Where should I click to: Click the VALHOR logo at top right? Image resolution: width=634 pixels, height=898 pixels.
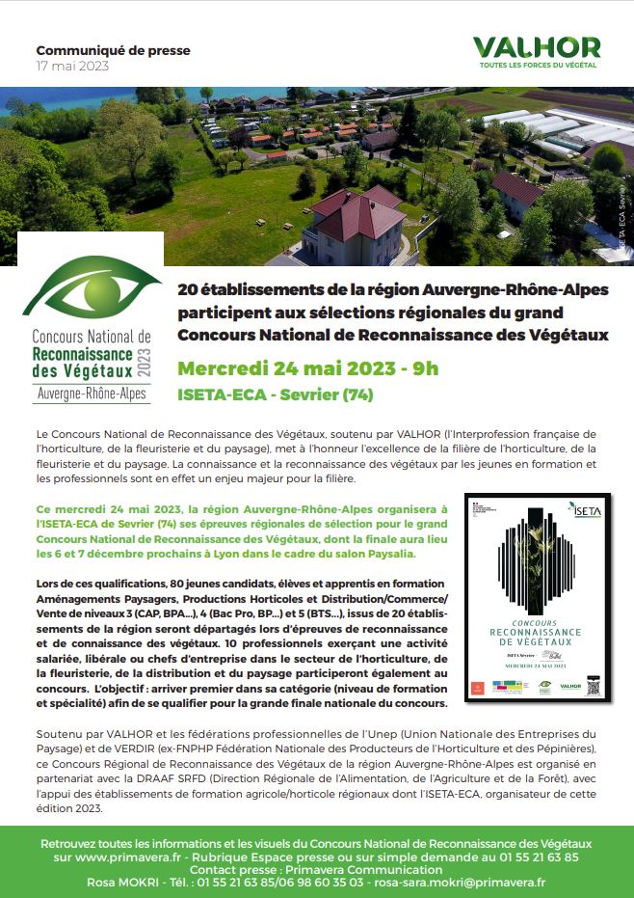(537, 51)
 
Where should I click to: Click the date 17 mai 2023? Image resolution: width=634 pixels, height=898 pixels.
(72, 67)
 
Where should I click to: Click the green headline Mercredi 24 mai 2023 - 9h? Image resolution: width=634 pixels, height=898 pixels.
(307, 368)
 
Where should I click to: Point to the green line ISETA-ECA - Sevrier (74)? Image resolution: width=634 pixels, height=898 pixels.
(275, 395)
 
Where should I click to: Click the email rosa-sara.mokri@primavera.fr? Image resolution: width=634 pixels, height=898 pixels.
(462, 882)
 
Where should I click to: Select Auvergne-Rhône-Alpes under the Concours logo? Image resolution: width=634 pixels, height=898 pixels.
(92, 394)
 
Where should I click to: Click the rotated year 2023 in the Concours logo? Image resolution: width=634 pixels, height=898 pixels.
(146, 360)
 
